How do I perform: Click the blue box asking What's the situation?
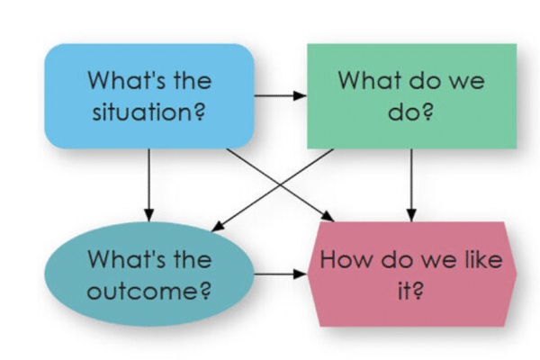pyautogui.click(x=149, y=96)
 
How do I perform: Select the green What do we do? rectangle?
pyautogui.click(x=412, y=96)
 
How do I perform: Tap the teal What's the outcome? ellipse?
pyautogui.click(x=149, y=274)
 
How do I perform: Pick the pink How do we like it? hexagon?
pyautogui.click(x=412, y=274)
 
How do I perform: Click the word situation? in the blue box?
pyautogui.click(x=148, y=112)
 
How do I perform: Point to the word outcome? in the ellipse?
pyautogui.click(x=148, y=291)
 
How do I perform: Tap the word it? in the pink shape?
pyautogui.click(x=410, y=291)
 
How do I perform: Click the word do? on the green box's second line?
pyautogui.click(x=410, y=112)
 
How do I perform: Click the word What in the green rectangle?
pyautogui.click(x=370, y=80)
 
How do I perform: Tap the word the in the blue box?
pyautogui.click(x=193, y=80)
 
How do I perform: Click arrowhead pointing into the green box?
pyautogui.click(x=300, y=95)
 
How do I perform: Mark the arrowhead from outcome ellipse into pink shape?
pyautogui.click(x=300, y=274)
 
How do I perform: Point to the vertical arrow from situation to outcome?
pyautogui.click(x=149, y=185)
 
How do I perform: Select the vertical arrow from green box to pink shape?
pyautogui.click(x=411, y=185)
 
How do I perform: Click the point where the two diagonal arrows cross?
pyautogui.click(x=280, y=185)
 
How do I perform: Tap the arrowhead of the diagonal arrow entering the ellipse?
pyautogui.click(x=218, y=227)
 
